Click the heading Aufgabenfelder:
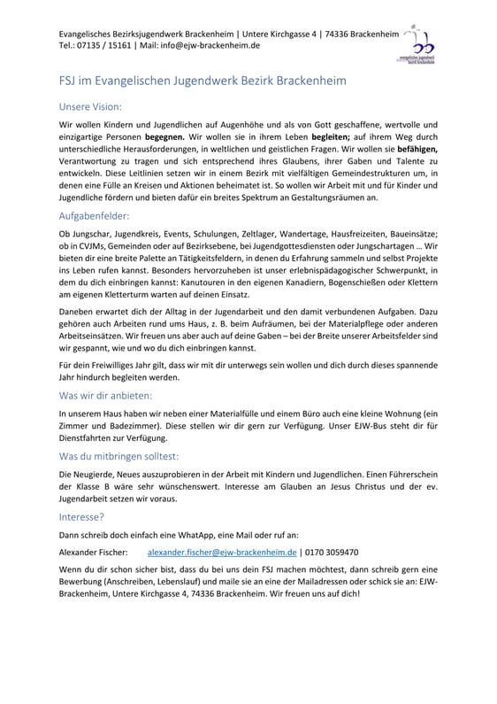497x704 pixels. coord(94,215)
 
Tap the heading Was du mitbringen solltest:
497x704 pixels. coord(119,456)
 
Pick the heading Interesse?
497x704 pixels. coord(81,516)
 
